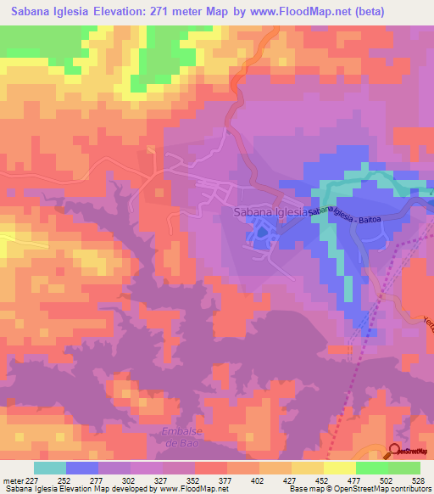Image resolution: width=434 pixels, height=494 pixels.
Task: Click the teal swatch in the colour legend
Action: click(x=50, y=468)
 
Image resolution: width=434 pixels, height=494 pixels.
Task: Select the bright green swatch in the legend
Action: click(x=372, y=468)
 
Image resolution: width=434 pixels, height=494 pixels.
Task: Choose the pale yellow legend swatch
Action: click(x=339, y=468)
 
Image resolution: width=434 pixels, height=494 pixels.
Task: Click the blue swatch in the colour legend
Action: click(x=82, y=468)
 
